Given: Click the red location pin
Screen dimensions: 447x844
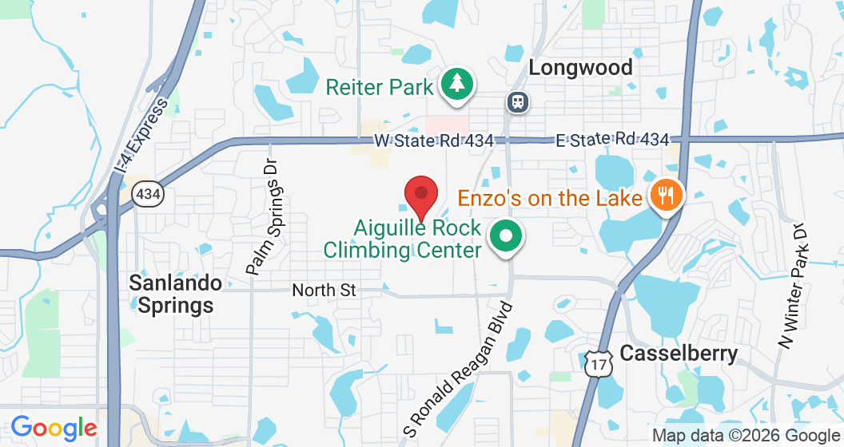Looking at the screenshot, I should pyautogui.click(x=421, y=194).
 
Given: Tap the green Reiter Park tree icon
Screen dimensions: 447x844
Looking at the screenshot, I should pyautogui.click(x=456, y=83).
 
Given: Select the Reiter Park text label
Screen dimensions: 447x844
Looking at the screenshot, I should pyautogui.click(x=379, y=86).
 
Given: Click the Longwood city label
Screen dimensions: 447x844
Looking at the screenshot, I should pyautogui.click(x=580, y=67).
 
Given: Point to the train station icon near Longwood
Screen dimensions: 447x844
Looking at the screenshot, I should pyautogui.click(x=517, y=101).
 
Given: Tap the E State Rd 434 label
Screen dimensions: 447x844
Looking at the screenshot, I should pyautogui.click(x=612, y=140).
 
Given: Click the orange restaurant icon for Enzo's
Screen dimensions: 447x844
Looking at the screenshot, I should pyautogui.click(x=665, y=193).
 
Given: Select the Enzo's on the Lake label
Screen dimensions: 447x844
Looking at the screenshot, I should pyautogui.click(x=550, y=197).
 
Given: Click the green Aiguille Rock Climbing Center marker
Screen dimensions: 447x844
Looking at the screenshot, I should pyautogui.click(x=505, y=236).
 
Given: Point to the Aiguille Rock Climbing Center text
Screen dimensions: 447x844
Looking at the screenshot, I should pyautogui.click(x=403, y=239).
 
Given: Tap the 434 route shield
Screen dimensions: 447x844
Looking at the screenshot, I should pyautogui.click(x=148, y=193).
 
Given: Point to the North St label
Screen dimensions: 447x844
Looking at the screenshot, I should pyautogui.click(x=324, y=290).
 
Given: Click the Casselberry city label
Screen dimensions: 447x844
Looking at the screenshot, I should pyautogui.click(x=679, y=353).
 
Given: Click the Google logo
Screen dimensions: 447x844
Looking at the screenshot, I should pyautogui.click(x=54, y=429).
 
